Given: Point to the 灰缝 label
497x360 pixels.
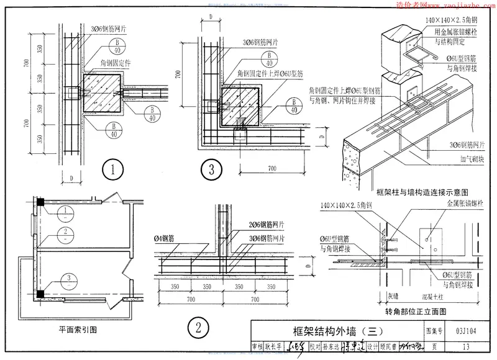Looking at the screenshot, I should [375, 296].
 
